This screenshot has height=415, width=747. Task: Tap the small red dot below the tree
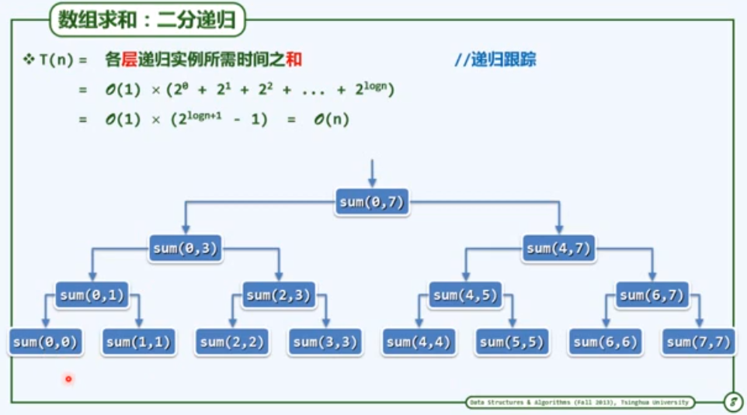pos(68,379)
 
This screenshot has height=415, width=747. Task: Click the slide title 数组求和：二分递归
pos(148,21)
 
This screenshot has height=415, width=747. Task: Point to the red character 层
pos(129,60)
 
